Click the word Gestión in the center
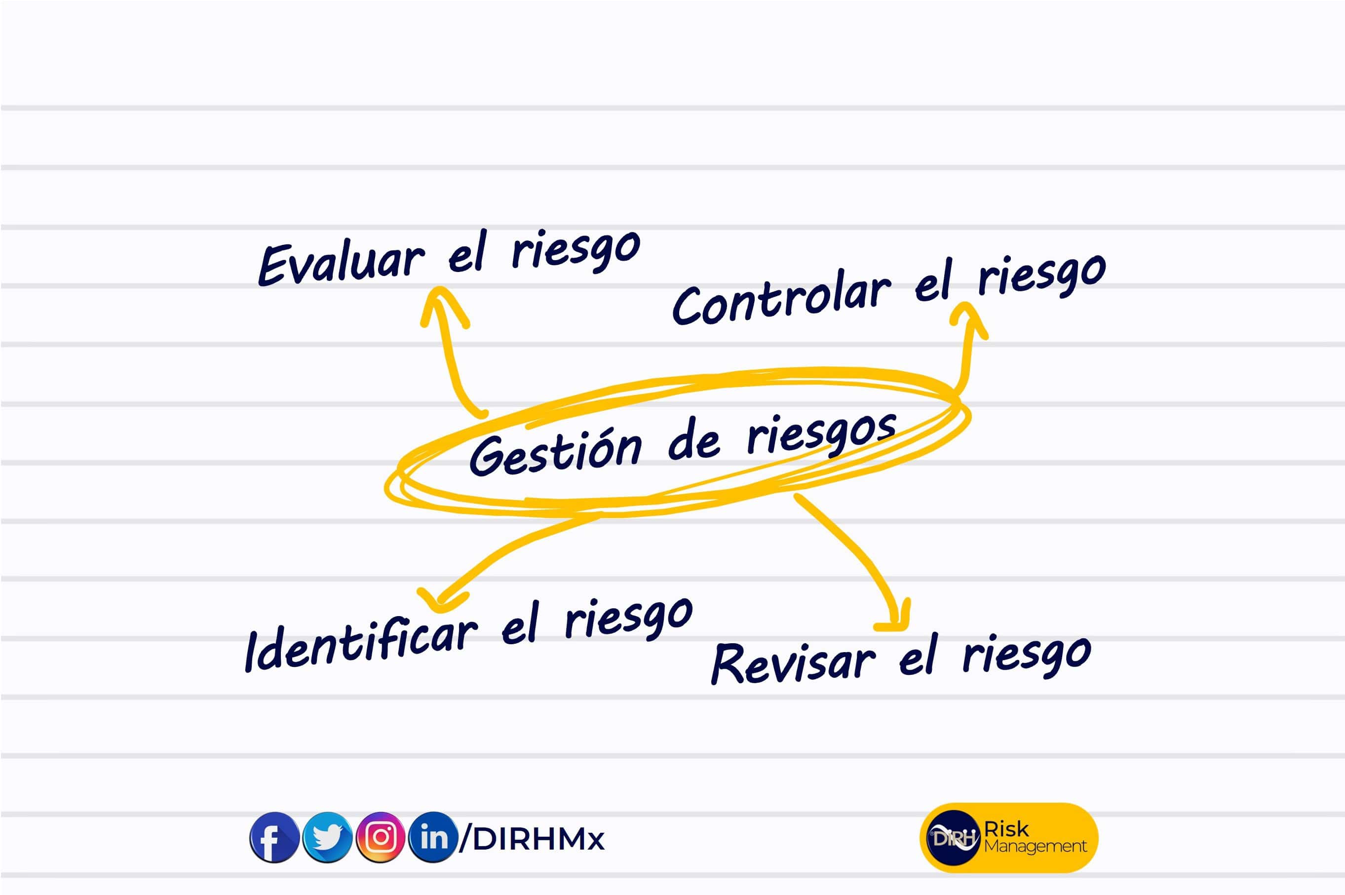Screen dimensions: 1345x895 [555, 454]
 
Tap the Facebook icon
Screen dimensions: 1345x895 [274, 837]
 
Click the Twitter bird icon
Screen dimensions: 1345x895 [327, 837]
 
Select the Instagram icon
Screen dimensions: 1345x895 [380, 837]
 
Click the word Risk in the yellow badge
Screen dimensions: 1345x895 [1006, 829]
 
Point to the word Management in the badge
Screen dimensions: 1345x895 [1035, 846]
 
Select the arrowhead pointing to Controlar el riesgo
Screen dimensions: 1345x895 [968, 317]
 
